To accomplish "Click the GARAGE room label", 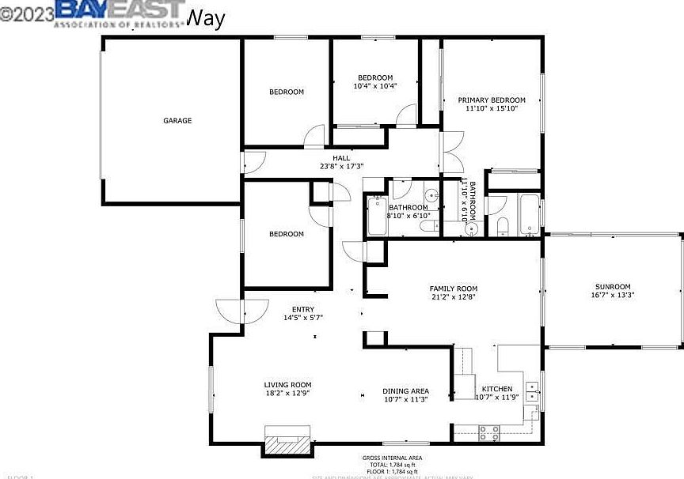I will [177, 121].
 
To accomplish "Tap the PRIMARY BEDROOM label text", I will [492, 100].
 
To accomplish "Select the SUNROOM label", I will [613, 286].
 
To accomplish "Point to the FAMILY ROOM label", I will [453, 289].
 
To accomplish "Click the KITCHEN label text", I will [496, 389].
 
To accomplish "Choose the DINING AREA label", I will [405, 390].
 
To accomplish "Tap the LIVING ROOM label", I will [287, 385].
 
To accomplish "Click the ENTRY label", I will [302, 310].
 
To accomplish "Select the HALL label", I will [341, 158].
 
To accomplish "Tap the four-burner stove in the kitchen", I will [489, 432].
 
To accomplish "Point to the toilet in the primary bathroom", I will [502, 227].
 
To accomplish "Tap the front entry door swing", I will [229, 311].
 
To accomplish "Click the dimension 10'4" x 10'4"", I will [374, 86].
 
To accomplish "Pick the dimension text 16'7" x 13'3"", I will [613, 295].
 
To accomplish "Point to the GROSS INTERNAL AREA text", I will [392, 458].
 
